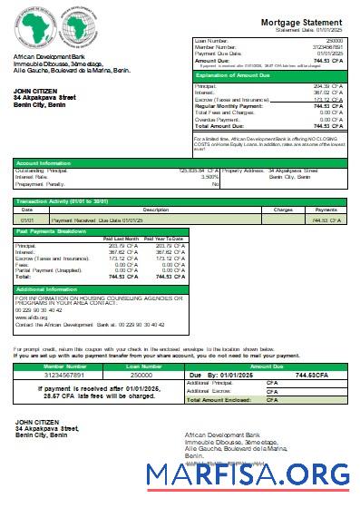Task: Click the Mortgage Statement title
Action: point(303,21)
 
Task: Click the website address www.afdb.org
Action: point(28,317)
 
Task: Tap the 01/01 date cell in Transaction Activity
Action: point(27,220)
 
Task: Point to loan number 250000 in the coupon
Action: point(141,374)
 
